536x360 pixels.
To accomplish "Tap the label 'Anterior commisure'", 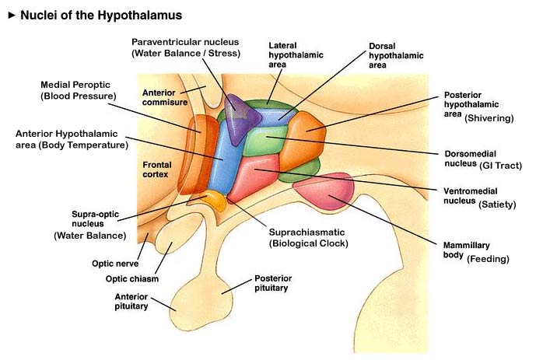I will [x=165, y=98].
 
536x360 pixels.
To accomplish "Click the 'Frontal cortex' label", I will [x=157, y=170].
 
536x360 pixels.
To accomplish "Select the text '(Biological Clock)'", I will [x=308, y=243].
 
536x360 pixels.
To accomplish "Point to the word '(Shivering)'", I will [x=489, y=118].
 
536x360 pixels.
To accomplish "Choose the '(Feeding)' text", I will [x=488, y=259].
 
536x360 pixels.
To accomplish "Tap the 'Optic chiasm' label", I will [x=131, y=279].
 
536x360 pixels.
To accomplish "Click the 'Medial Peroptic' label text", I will [x=76, y=84].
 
